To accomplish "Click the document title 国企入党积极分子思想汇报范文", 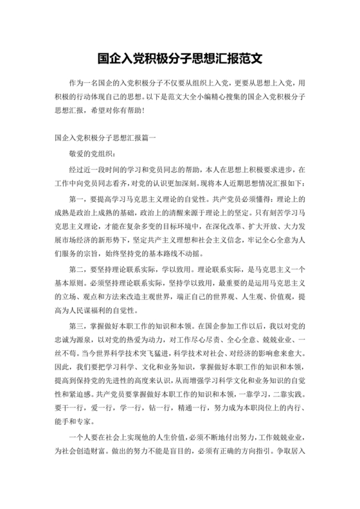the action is pos(179,58).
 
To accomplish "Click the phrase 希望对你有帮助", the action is pos(121,110).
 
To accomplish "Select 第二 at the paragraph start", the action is pos(77,270).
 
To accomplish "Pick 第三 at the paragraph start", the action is pos(77,326).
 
